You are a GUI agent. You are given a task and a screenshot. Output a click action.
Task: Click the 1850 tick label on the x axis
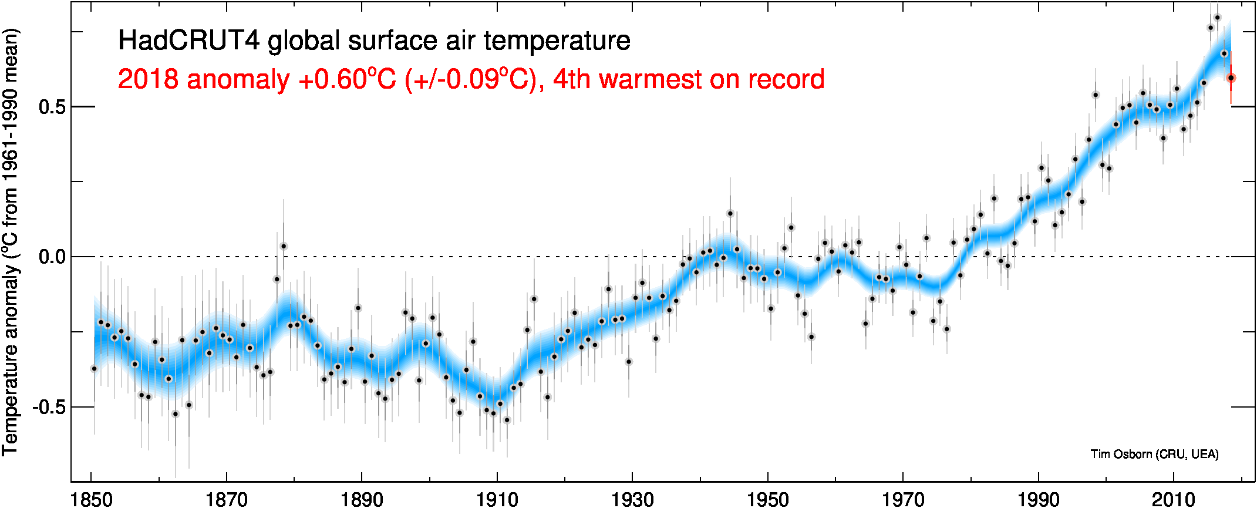click(92, 499)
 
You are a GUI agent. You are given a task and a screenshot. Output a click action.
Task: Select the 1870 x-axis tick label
click(227, 499)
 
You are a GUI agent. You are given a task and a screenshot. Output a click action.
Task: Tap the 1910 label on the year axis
click(497, 499)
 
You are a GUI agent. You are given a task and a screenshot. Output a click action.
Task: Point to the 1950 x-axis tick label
click(768, 499)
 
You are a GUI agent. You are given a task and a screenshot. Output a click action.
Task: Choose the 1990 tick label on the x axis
click(1039, 499)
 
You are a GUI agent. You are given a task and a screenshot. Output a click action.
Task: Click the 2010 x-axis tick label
click(1174, 499)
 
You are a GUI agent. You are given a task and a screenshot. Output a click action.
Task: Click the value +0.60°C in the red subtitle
click(348, 79)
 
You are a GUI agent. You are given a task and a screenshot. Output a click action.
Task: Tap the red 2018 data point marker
click(1231, 78)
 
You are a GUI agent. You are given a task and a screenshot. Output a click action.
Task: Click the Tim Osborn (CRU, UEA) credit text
click(1154, 454)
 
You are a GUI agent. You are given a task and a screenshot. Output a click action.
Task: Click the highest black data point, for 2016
click(1217, 18)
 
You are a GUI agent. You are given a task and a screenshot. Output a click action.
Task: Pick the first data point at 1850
click(94, 369)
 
